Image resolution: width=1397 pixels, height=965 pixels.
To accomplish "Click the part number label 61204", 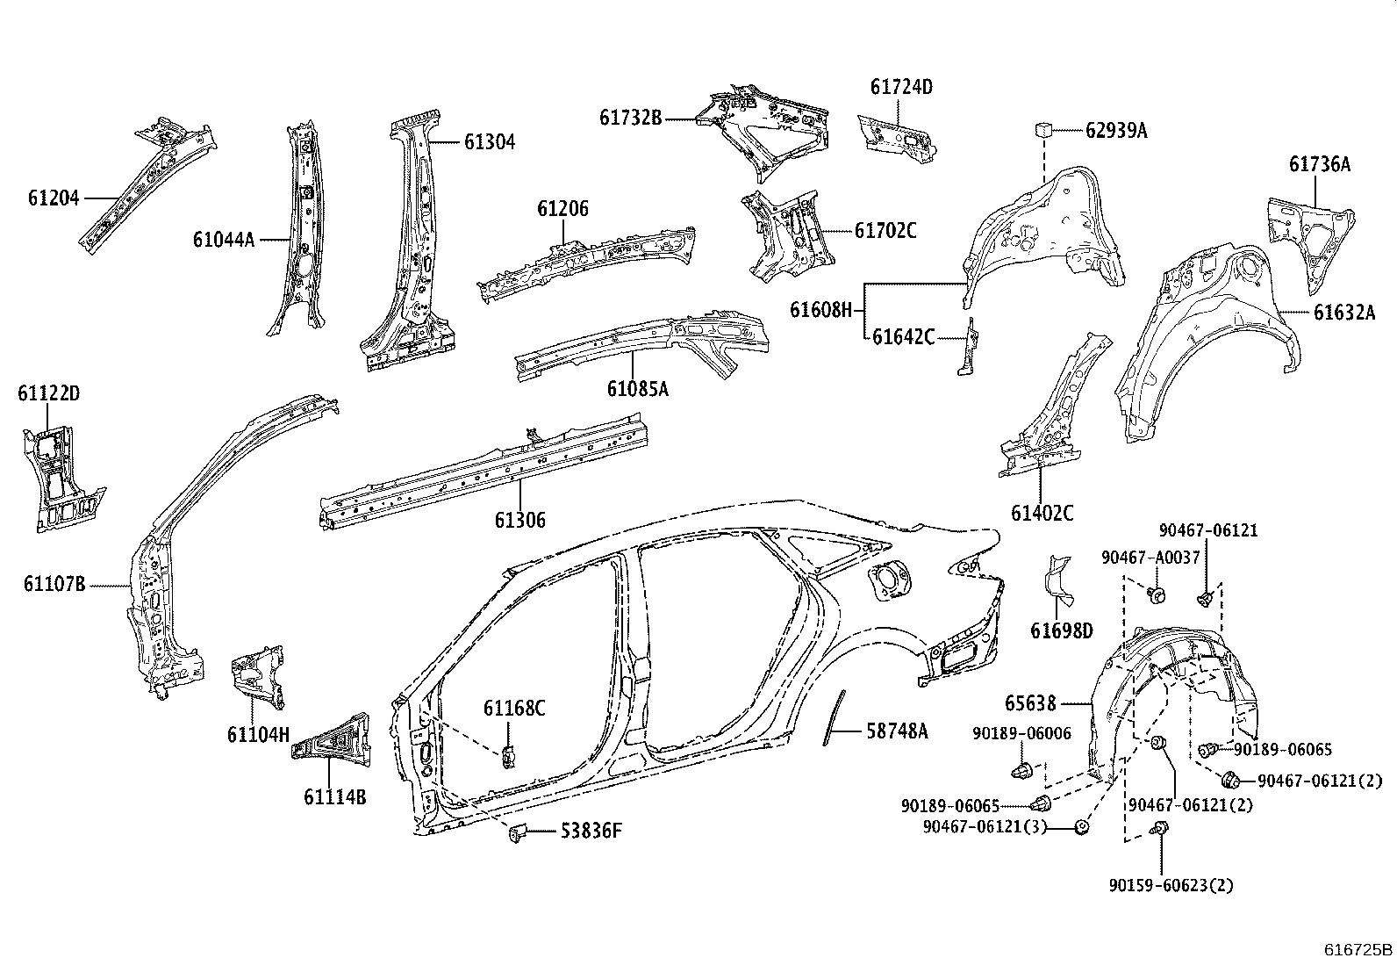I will (x=53, y=198).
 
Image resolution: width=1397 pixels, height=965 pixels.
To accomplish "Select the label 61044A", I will (x=224, y=239).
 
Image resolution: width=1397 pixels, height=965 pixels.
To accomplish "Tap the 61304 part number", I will (x=489, y=142).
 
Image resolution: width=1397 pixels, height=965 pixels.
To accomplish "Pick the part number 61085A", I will (x=637, y=388).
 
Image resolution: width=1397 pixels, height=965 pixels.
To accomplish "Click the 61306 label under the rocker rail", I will (x=519, y=521).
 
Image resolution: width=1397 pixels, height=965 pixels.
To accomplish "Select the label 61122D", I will (x=48, y=394).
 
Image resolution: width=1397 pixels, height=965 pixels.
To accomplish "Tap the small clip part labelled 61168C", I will (x=508, y=754).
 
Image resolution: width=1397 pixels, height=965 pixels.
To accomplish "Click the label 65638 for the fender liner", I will (x=1031, y=703).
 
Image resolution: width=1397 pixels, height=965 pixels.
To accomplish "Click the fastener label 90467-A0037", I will (x=1150, y=558).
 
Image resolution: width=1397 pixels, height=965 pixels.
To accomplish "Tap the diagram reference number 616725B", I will (x=1358, y=949).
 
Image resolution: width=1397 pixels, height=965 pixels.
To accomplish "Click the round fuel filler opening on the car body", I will (x=889, y=580).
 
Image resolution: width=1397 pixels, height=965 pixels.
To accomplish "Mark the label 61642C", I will (x=903, y=336).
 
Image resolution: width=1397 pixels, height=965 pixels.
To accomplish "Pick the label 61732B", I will (x=631, y=116).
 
